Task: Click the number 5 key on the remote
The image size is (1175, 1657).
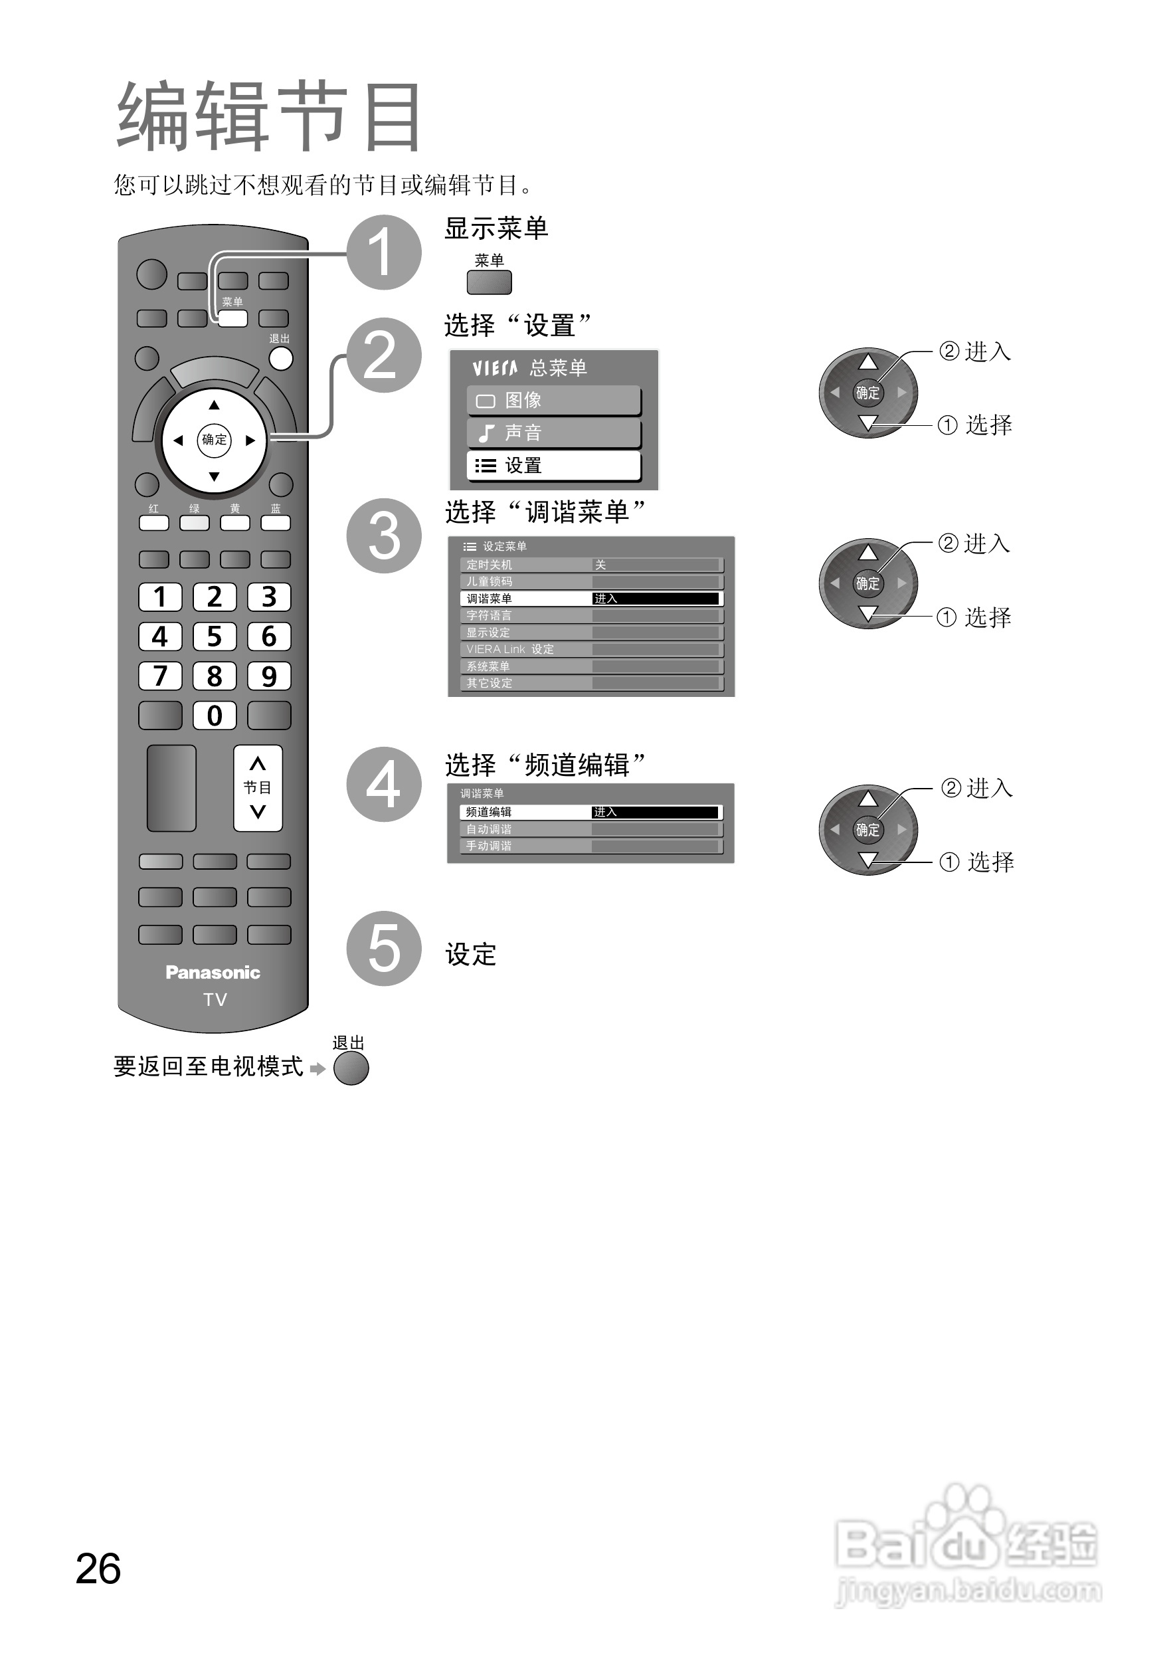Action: coord(214,636)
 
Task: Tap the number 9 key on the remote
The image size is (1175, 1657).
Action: coord(268,676)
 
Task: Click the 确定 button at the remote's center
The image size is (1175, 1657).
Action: coord(214,439)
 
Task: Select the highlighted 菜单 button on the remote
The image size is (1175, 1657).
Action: coord(233,318)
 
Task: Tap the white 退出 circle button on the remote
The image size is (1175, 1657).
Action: coord(281,357)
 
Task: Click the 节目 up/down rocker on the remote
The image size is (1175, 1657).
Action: coord(258,788)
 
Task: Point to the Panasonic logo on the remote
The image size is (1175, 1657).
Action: coord(213,973)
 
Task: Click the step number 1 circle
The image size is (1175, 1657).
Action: coord(383,252)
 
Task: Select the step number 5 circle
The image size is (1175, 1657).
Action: coord(383,948)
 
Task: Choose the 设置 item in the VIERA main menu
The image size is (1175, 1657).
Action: coord(554,466)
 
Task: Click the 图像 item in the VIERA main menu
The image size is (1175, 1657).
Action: coord(554,400)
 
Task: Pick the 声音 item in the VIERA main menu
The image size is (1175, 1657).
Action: coord(554,433)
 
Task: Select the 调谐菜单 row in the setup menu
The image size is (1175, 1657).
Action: coord(590,599)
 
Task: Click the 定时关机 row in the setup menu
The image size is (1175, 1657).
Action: coord(590,564)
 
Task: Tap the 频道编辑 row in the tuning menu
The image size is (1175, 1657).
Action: coord(590,812)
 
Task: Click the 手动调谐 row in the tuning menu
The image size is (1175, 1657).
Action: coord(590,846)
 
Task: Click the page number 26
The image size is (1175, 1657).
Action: coord(98,1569)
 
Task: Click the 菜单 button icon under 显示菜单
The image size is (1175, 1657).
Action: coord(489,282)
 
